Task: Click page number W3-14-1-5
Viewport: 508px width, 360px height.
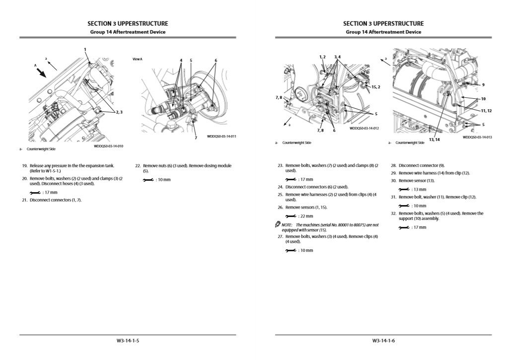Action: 128,341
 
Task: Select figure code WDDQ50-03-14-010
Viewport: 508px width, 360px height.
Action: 108,146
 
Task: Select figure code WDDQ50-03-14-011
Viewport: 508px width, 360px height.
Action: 221,137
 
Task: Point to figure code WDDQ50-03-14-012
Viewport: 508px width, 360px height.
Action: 364,128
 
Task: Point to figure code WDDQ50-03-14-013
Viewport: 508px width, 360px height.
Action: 477,137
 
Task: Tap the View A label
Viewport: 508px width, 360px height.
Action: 138,59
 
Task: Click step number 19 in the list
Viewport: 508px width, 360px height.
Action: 24,166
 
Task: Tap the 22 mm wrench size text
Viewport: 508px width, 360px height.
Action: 306,216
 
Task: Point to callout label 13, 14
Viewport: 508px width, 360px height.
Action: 434,140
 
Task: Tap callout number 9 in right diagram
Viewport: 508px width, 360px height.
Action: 483,85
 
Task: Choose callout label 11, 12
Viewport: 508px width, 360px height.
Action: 486,110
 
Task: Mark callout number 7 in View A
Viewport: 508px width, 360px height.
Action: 196,138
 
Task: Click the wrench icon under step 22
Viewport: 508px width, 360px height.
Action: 147,180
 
